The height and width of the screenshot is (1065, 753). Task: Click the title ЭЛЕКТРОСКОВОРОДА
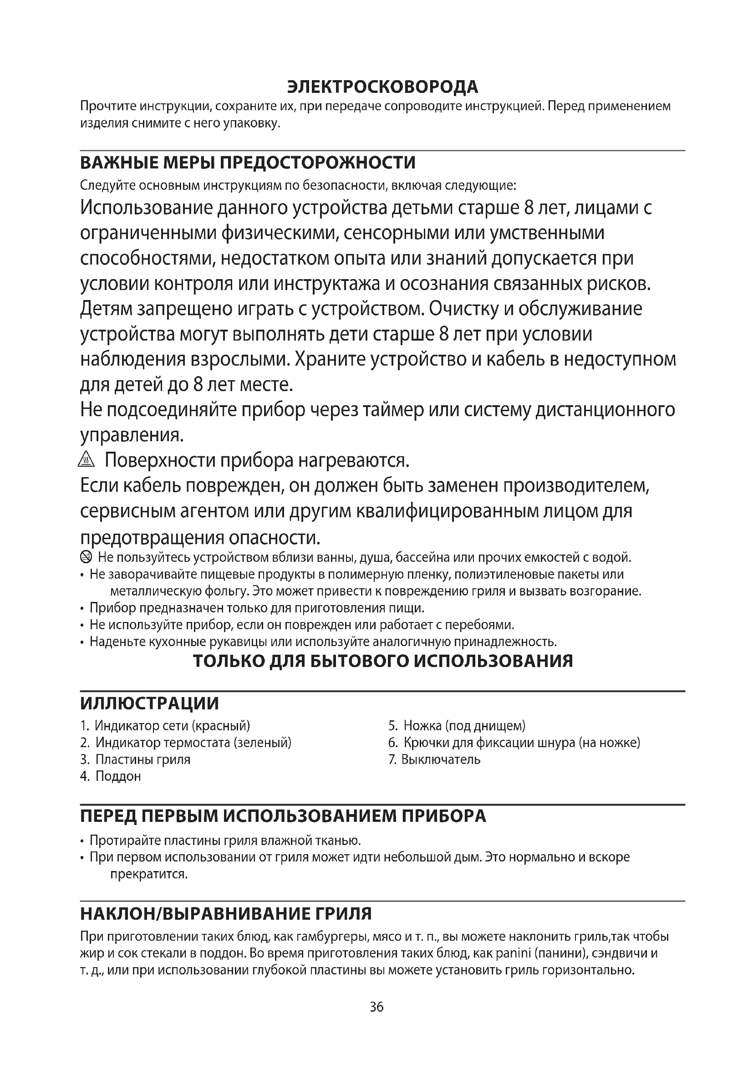(x=382, y=87)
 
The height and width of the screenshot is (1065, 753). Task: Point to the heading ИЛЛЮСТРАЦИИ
(x=149, y=703)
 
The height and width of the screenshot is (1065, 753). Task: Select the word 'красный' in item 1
(x=221, y=726)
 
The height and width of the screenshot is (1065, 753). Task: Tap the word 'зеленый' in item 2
(x=262, y=743)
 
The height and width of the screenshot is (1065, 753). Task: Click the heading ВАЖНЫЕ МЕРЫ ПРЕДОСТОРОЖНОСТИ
(x=248, y=163)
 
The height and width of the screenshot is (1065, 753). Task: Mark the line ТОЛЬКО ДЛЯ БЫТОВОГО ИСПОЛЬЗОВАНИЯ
(x=382, y=661)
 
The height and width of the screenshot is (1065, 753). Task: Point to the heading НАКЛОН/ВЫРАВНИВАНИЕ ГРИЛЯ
(x=226, y=914)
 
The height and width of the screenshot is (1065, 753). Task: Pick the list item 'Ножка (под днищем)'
(x=464, y=726)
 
